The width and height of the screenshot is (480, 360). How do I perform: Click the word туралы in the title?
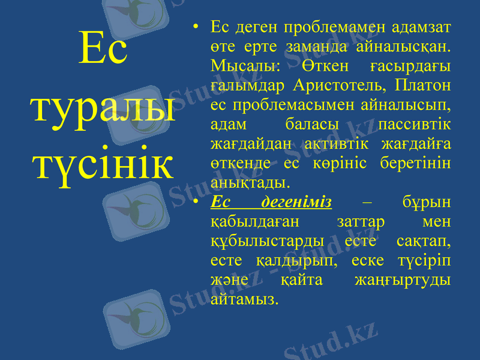pos(103,107)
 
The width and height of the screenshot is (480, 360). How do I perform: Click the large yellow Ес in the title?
pos(103,50)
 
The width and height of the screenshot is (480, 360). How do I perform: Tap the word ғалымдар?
pos(247,85)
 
